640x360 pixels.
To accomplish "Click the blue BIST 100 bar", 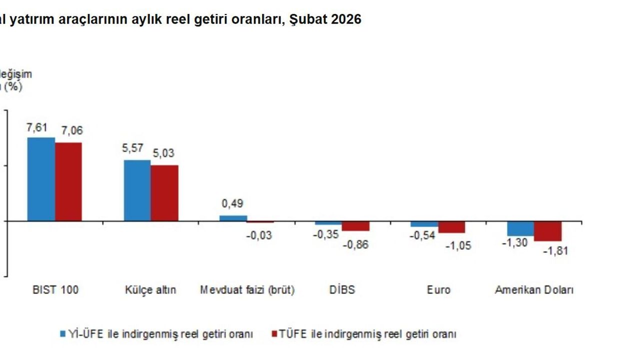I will (41, 179).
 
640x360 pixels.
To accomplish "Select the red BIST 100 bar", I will (68, 181).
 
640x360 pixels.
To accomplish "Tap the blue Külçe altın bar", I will (137, 190).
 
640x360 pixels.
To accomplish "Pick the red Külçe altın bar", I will (164, 193).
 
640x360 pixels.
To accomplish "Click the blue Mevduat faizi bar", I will (233, 218).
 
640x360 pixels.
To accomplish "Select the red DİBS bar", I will (355, 226).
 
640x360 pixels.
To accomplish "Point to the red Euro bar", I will (451, 227).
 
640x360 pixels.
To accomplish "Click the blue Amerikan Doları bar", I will (520, 228).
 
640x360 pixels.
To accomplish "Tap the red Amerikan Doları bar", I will (548, 231).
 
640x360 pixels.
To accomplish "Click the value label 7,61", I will (36, 127).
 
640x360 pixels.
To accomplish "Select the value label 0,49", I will (232, 204).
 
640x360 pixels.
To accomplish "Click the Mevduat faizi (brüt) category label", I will (247, 290).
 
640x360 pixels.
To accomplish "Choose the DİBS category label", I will (342, 290).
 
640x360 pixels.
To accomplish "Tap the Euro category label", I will (438, 290).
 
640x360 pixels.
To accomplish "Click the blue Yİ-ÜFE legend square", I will (63, 333).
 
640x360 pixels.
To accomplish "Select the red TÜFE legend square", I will (274, 333).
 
